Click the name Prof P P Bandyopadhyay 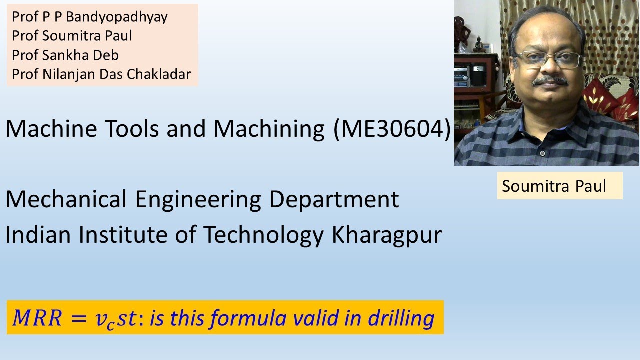[x=90, y=17]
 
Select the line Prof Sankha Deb [x=65, y=55]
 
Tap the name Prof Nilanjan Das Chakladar [x=101, y=74]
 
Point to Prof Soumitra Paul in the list [x=72, y=36]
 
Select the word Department [x=334, y=200]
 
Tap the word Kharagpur [x=387, y=235]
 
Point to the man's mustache [x=550, y=81]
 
